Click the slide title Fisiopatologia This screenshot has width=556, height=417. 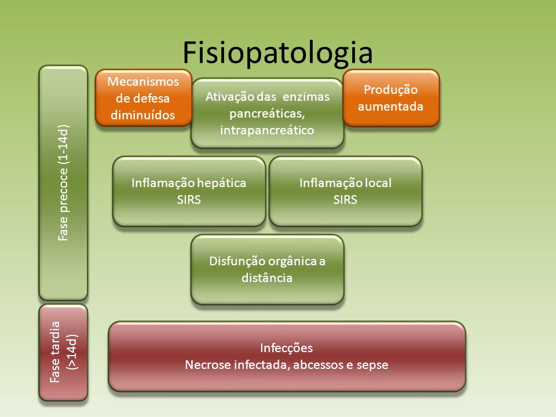(277, 53)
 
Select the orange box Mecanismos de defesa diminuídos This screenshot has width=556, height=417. (143, 98)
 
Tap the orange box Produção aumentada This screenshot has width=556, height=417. (391, 98)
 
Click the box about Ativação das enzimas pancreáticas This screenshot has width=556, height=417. (268, 113)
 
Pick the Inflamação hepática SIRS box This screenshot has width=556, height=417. (189, 191)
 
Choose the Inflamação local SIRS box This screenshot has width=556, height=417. (346, 191)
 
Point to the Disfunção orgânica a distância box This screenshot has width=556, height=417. (268, 269)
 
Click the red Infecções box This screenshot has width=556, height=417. (287, 356)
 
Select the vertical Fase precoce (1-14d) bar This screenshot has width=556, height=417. (63, 182)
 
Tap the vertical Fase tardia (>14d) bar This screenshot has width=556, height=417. (63, 352)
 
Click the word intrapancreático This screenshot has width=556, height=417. (267, 130)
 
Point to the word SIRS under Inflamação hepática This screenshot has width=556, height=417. (189, 200)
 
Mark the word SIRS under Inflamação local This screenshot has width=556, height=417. (345, 200)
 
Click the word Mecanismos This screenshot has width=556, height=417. (143, 82)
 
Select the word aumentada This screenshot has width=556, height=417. (390, 107)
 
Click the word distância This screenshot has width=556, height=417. (267, 277)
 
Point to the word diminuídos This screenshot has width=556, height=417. (143, 115)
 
